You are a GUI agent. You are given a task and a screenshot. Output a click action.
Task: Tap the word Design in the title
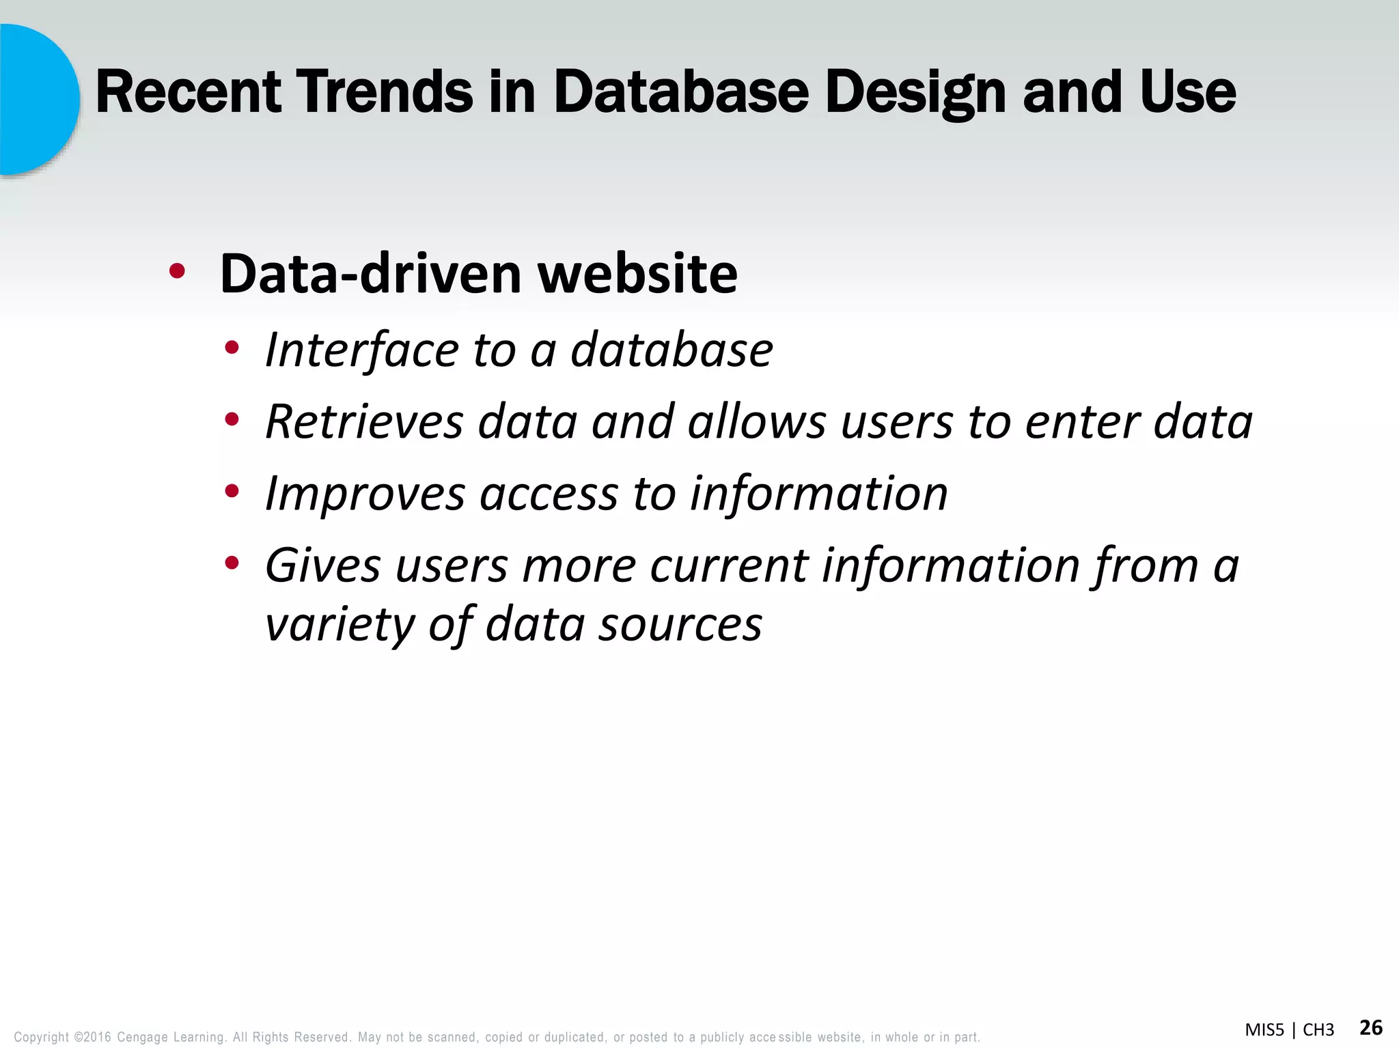[915, 94]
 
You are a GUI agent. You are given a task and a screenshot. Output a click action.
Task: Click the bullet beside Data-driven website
[177, 272]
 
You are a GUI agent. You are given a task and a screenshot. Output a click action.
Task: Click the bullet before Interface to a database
[232, 348]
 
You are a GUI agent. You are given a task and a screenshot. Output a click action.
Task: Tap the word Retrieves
[364, 421]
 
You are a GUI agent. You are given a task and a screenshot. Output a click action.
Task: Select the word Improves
[365, 493]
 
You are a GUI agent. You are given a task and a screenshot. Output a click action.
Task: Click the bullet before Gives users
[232, 563]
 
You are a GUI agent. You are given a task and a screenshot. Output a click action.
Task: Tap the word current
[728, 565]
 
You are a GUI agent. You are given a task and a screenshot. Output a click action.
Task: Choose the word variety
[339, 624]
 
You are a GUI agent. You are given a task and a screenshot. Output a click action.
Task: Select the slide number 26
[1371, 1027]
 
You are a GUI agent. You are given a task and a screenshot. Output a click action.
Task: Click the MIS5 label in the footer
[1264, 1030]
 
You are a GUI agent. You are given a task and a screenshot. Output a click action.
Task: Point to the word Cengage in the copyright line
[142, 1037]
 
